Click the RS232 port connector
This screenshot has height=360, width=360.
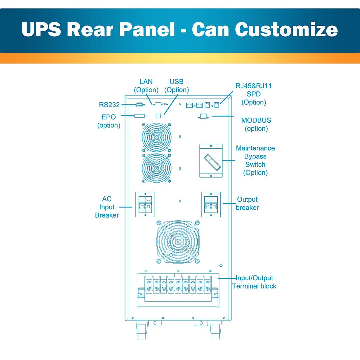tap(139, 105)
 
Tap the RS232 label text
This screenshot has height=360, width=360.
tap(109, 105)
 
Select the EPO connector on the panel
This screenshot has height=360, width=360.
tap(139, 116)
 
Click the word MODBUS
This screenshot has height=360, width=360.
tap(256, 120)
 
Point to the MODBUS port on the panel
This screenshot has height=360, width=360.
tap(203, 116)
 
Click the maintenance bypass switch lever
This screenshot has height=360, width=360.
tap(212, 162)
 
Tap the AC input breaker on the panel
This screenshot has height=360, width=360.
tap(145, 205)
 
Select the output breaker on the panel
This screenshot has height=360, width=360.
tap(211, 205)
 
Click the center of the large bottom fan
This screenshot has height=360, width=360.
tap(178, 242)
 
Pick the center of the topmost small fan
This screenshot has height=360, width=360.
tap(157, 138)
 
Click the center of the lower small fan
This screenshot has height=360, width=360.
tap(157, 168)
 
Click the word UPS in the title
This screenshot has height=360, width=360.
tap(41, 29)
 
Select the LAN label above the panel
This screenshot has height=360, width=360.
tap(146, 82)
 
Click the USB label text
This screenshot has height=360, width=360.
tap(177, 82)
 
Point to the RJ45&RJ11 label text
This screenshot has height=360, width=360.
tap(253, 86)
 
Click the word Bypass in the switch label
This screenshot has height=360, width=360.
tap(255, 157)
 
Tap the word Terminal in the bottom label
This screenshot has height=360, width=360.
tap(243, 286)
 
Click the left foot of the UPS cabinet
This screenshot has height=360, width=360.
tap(142, 330)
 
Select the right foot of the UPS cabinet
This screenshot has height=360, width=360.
tap(216, 330)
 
